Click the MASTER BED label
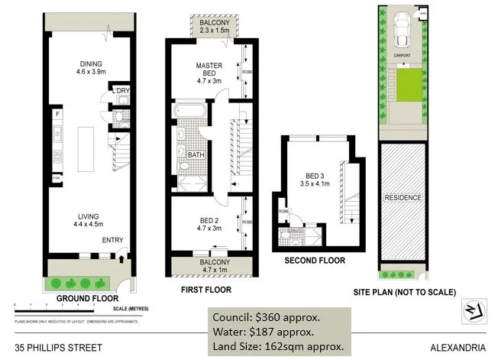[209, 70]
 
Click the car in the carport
[403, 31]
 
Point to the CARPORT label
[403, 56]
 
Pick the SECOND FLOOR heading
[315, 261]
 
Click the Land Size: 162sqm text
[277, 345]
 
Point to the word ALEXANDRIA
[458, 347]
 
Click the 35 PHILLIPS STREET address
[63, 347]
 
